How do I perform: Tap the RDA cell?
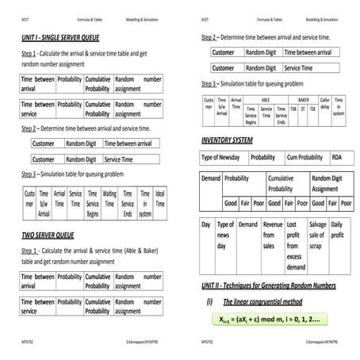click(337, 157)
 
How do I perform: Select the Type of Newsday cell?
click(221, 157)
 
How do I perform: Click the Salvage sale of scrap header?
click(316, 236)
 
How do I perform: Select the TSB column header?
click(293, 109)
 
